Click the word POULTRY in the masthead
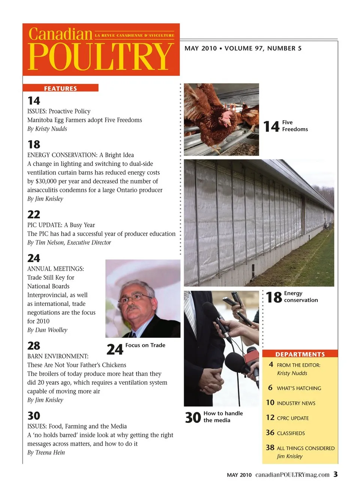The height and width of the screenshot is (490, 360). [100, 57]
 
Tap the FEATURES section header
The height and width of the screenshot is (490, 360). [60, 88]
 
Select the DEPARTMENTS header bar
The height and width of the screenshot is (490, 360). [300, 354]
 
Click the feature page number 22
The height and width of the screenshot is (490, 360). [34, 214]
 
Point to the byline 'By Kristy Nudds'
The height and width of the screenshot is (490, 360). [47, 129]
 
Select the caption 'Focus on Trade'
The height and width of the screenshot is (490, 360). [145, 345]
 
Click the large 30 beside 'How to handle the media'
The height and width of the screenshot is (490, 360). [193, 417]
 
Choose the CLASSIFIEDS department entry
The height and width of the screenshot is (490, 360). [291, 433]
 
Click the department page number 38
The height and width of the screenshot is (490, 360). [270, 448]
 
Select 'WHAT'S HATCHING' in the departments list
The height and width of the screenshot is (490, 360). [299, 388]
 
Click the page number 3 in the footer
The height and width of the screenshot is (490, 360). [335, 474]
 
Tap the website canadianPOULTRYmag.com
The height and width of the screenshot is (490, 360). [292, 475]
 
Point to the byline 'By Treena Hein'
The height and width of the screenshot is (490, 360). [46, 453]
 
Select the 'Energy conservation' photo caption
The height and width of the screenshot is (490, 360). [301, 297]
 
